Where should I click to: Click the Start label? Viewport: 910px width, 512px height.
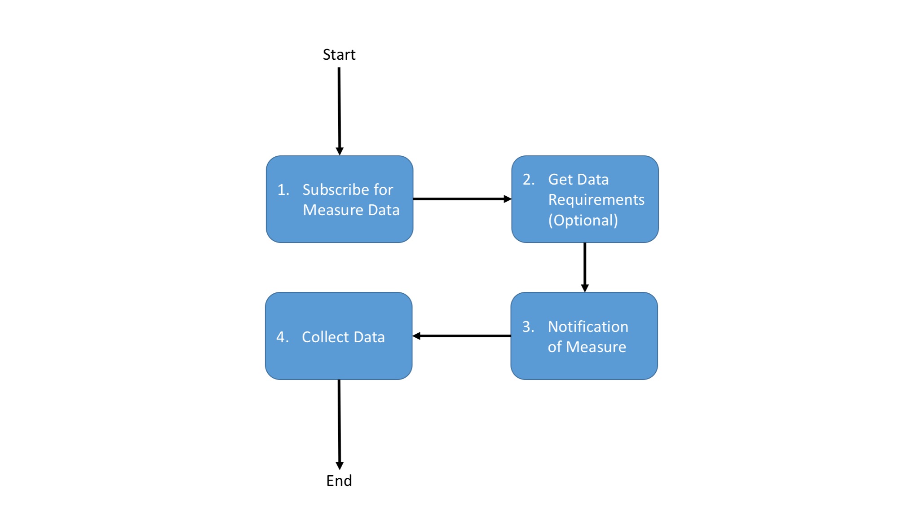pos(339,55)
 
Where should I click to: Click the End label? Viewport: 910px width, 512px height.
pos(339,481)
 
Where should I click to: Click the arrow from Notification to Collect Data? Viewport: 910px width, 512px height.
pos(463,336)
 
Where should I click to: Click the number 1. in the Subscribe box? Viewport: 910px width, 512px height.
pos(283,190)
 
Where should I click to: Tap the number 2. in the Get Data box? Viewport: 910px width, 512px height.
pos(529,180)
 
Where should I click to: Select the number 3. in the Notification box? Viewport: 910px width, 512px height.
pos(528,327)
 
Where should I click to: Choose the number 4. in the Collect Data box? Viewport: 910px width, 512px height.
pos(283,337)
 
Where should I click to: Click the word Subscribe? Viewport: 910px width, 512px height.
pos(332,190)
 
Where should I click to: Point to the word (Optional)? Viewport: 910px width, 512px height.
pos(583,221)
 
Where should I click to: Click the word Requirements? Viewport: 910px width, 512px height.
pos(596,200)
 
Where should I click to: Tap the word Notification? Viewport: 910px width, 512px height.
pos(588,327)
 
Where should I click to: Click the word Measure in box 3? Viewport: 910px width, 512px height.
pos(596,347)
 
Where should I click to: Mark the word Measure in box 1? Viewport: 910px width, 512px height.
pos(333,210)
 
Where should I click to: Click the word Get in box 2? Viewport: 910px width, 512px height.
pos(560,180)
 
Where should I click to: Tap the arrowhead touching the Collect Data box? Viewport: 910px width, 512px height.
pos(416,336)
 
